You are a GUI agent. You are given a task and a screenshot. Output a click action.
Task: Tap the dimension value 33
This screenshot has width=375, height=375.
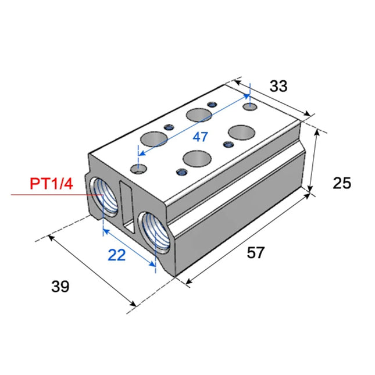[x=278, y=86]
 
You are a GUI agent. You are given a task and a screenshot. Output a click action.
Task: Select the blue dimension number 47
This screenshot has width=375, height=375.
[x=200, y=138]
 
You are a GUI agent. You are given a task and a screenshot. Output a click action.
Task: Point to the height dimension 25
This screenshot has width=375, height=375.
[x=342, y=183]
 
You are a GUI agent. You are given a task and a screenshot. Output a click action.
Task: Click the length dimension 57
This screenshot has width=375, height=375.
[x=256, y=253]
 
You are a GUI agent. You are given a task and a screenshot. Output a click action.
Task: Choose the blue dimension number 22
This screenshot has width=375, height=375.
[x=117, y=255]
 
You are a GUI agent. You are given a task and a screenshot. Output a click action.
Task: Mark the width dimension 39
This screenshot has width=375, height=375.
[x=59, y=286]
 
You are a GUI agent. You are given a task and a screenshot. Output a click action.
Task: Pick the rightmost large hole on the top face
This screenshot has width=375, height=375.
[x=240, y=131]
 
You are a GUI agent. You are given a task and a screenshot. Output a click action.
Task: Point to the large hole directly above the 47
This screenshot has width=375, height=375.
[x=198, y=115]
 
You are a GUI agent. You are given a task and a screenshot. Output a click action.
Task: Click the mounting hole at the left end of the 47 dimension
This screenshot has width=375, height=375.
[x=138, y=169]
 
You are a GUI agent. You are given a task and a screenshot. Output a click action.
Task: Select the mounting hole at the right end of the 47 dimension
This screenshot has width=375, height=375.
[x=251, y=108]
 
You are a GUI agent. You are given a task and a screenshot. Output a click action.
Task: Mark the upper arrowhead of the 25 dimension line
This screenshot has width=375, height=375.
[x=316, y=133]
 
